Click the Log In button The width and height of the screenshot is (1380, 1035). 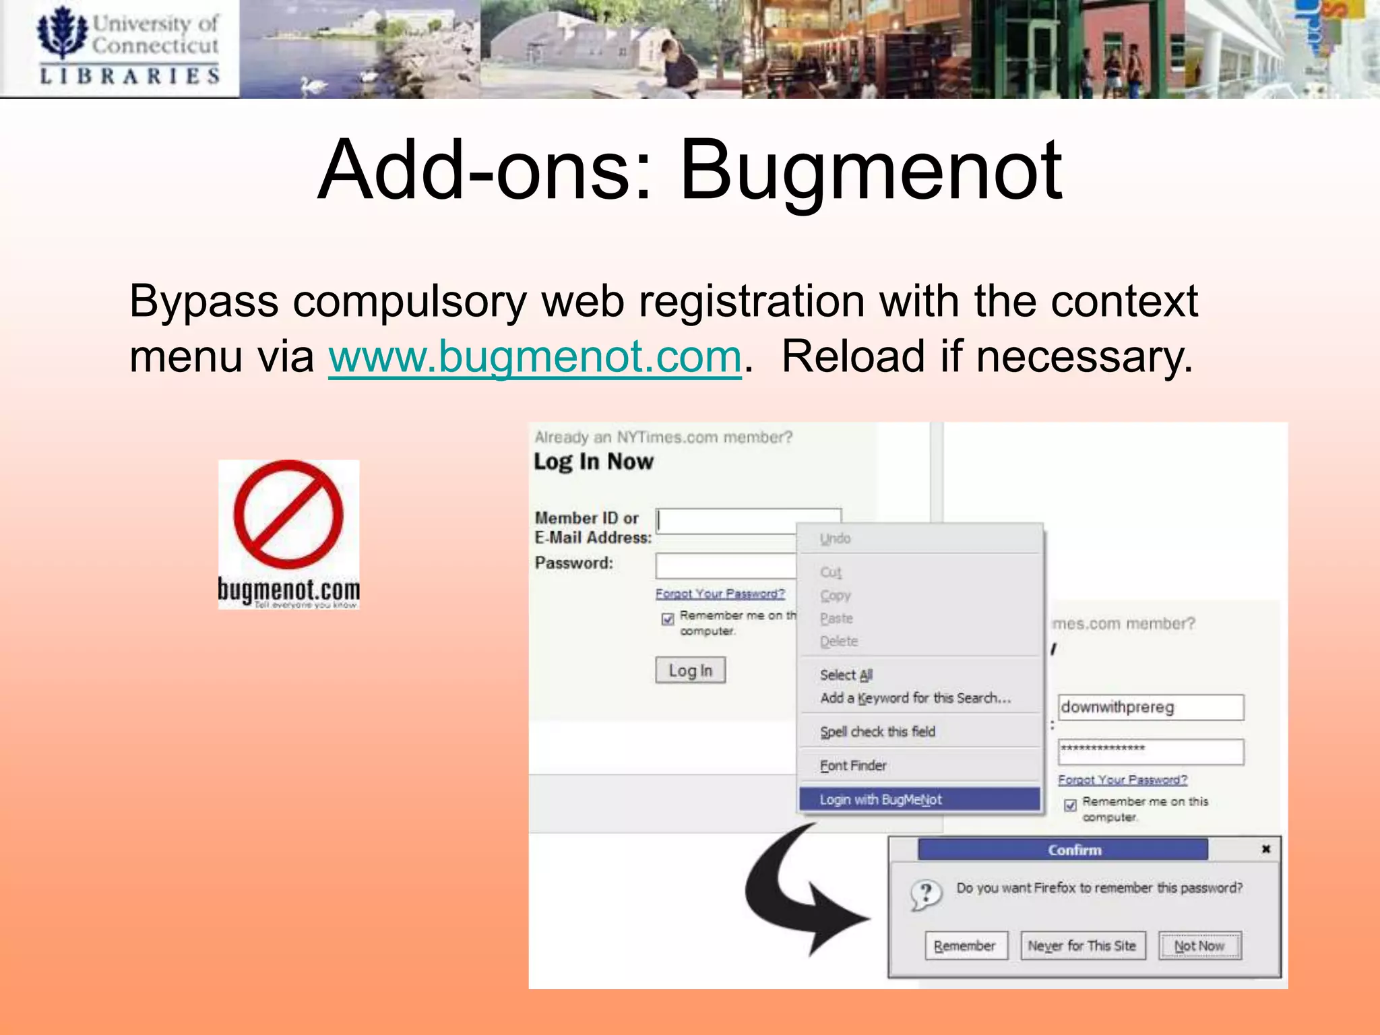(x=690, y=670)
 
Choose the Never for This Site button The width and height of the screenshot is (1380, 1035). (x=1082, y=946)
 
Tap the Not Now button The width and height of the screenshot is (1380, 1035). (x=1199, y=946)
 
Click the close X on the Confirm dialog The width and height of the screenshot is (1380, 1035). (x=1266, y=849)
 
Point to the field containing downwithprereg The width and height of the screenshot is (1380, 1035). (x=1150, y=708)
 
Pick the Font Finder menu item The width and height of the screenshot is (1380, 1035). (x=853, y=765)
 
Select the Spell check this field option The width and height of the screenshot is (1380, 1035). (x=877, y=732)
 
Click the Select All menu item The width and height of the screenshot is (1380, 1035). (x=846, y=675)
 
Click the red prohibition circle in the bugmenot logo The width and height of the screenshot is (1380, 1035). (x=288, y=515)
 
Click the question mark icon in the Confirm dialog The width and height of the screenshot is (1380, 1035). (x=926, y=895)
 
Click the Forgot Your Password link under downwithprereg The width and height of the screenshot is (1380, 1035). (x=1123, y=780)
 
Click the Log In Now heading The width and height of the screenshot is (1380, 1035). (x=594, y=462)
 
